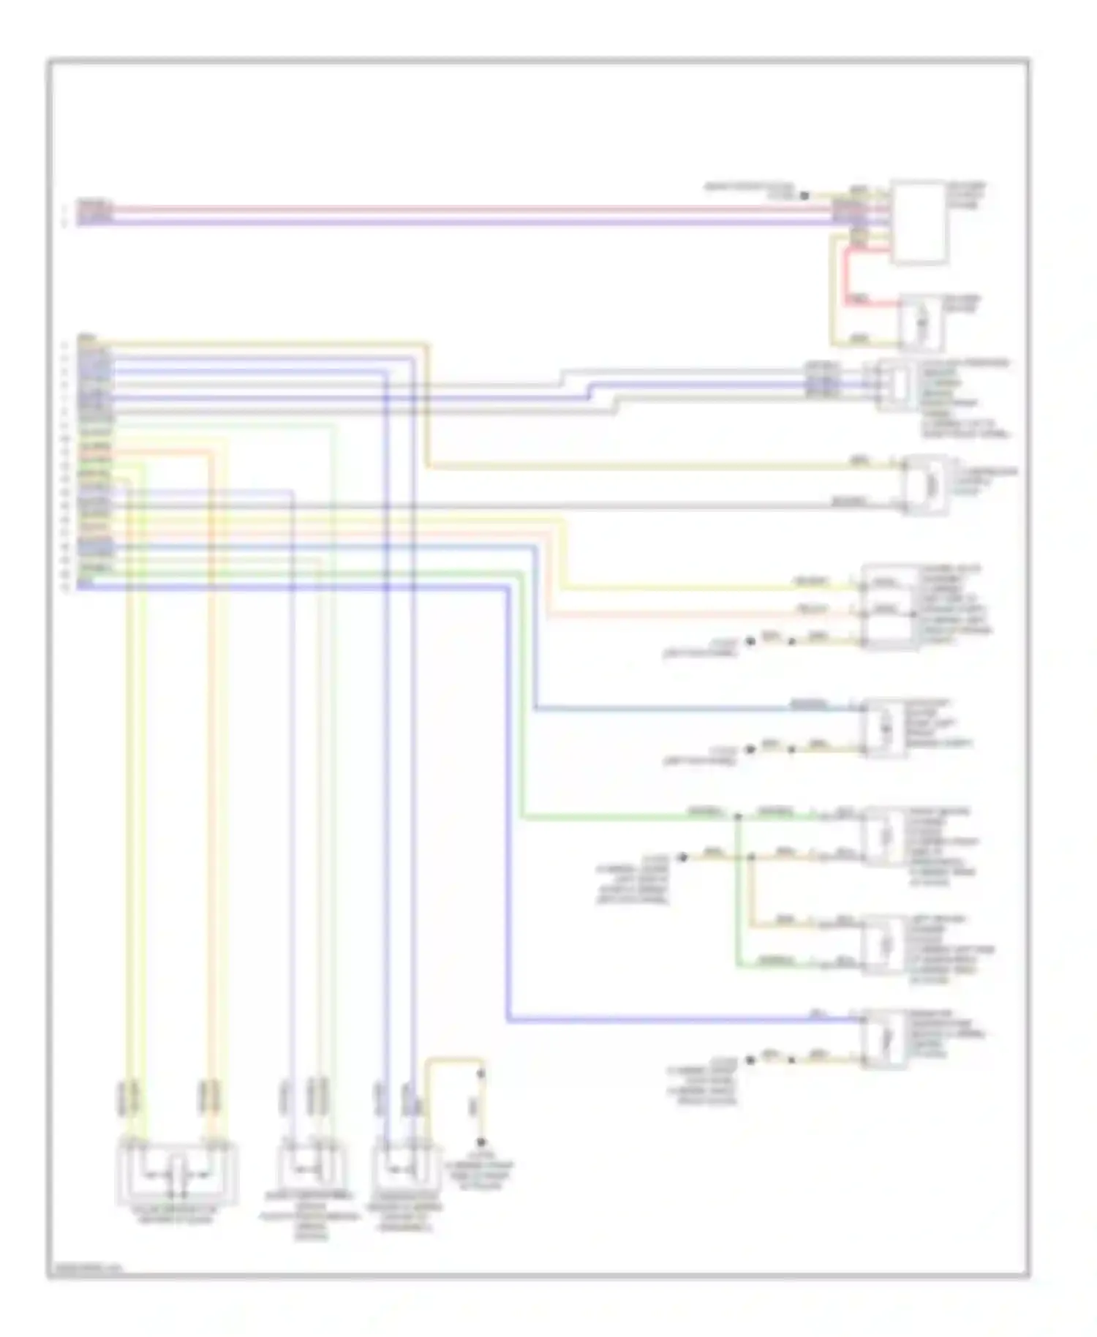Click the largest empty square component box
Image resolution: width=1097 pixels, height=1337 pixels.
919,222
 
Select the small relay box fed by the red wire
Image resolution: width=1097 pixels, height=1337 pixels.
921,323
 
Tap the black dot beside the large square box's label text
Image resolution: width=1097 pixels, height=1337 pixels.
804,195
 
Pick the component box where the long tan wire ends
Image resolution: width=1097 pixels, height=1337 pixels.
925,484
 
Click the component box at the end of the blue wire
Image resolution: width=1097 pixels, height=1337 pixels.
886,727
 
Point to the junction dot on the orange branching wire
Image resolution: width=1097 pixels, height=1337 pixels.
751,856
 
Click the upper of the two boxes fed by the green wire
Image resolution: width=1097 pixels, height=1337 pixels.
886,835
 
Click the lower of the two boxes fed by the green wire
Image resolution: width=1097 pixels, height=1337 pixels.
886,944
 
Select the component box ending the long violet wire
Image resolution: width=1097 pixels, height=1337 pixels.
885,1039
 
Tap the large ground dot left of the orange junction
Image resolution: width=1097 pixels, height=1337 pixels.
682,857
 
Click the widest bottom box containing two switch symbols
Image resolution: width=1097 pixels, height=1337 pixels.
177,1174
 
